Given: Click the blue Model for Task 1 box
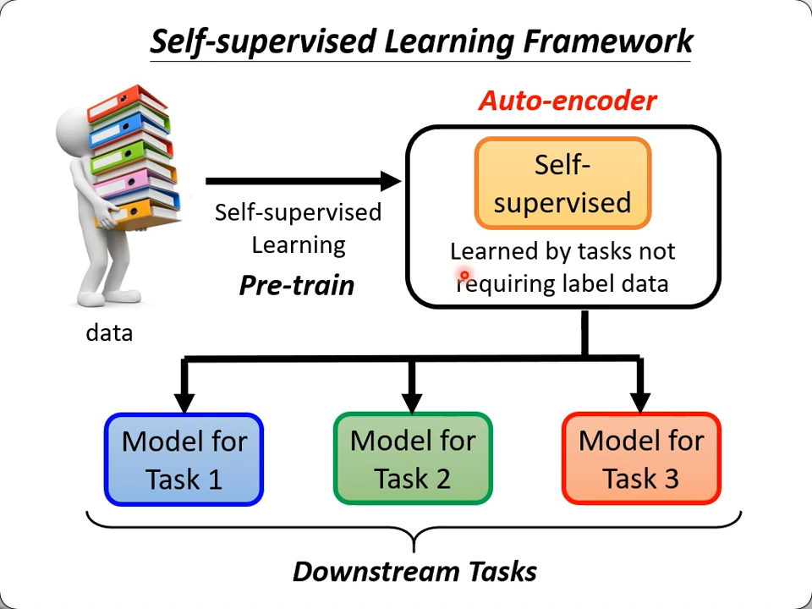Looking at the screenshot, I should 184,459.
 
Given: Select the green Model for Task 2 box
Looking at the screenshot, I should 413,458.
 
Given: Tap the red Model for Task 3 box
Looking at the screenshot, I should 641,458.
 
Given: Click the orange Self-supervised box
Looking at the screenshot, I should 562,184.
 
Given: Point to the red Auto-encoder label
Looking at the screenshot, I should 568,101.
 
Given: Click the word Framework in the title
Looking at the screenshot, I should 609,41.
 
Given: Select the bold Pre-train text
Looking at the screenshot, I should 297,285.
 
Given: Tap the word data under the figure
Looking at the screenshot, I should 109,333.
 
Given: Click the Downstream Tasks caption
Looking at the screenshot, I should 414,572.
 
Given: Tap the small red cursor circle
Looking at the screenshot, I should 464,276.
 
